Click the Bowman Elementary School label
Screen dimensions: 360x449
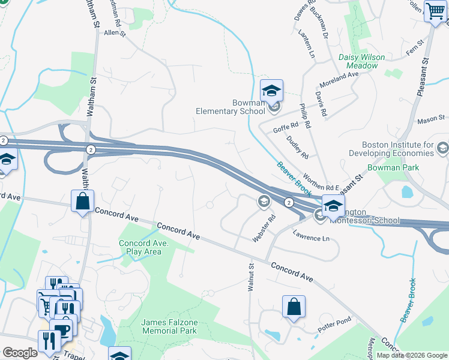[231, 107]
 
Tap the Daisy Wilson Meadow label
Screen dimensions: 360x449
[361, 61]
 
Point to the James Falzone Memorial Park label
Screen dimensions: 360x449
[169, 326]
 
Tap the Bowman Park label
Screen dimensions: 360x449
[393, 168]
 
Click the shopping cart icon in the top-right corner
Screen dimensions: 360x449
[435, 11]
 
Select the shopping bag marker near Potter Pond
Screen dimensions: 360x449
[294, 307]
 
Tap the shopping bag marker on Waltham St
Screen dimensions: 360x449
[82, 202]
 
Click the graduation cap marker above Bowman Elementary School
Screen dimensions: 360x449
[271, 91]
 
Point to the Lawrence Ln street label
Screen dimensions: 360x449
[312, 238]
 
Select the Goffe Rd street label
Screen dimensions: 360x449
[286, 127]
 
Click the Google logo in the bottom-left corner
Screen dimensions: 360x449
[20, 353]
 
